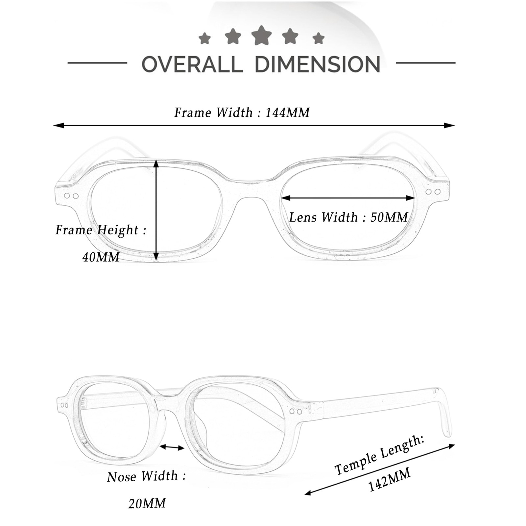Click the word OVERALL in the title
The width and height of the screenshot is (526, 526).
[192, 64]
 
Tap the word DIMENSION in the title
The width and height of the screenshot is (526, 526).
[318, 64]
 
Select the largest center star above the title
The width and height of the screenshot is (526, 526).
[261, 36]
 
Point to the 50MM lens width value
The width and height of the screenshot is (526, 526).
[389, 217]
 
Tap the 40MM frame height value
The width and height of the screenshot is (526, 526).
[101, 257]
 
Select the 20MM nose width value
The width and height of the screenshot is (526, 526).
[147, 503]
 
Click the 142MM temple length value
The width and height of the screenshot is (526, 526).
[389, 480]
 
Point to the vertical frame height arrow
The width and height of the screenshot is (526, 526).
[156, 210]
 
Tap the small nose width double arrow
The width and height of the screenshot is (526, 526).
[172, 447]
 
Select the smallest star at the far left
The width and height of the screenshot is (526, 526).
[204, 38]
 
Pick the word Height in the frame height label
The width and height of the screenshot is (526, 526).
[118, 230]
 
